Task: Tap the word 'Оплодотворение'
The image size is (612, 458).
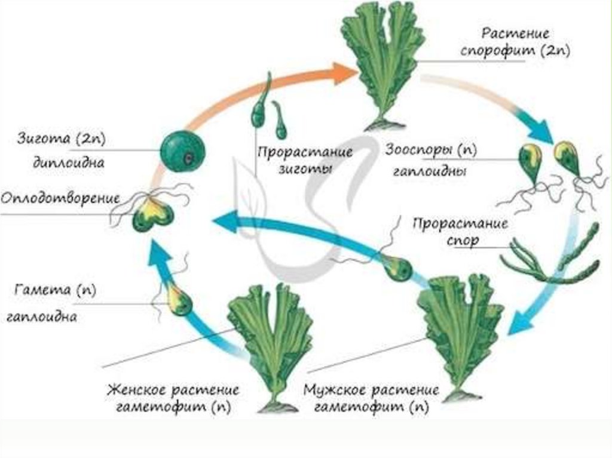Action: click(60, 198)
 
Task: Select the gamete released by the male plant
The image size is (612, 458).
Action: click(395, 268)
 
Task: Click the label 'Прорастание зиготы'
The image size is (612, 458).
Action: click(304, 159)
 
